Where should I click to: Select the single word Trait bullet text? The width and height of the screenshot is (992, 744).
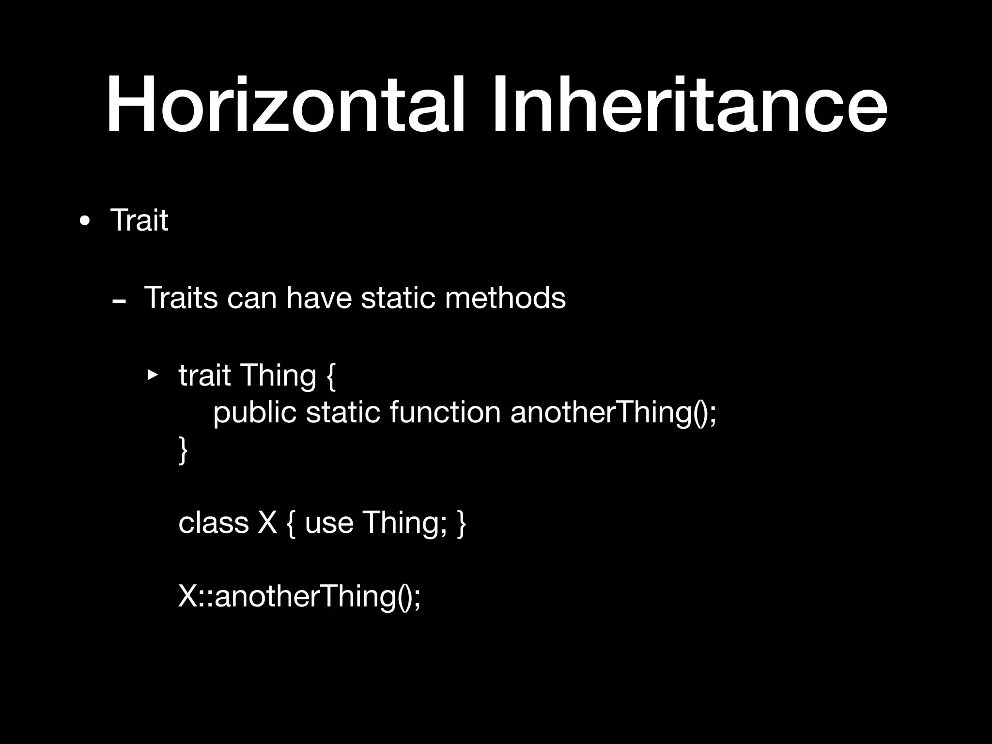pyautogui.click(x=139, y=220)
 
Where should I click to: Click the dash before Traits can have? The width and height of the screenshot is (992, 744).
pyautogui.click(x=119, y=302)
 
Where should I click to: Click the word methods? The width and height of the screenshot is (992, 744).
pyautogui.click(x=505, y=297)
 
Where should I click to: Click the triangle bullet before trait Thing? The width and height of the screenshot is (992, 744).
pyautogui.click(x=153, y=374)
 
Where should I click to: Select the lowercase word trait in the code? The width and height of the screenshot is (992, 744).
pyautogui.click(x=204, y=375)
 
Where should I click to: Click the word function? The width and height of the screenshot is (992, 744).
pyautogui.click(x=445, y=412)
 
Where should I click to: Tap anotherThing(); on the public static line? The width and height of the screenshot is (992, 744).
pyautogui.click(x=613, y=413)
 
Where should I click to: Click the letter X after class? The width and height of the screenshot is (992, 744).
pyautogui.click(x=267, y=523)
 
